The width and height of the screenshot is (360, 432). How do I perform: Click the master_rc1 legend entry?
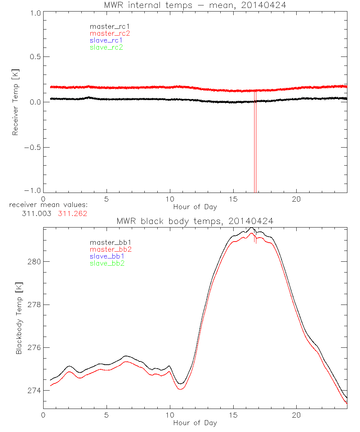106,27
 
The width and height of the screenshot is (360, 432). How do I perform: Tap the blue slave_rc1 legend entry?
106,40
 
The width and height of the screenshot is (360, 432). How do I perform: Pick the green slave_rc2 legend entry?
106,47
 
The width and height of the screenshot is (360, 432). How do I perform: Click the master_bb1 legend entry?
108,243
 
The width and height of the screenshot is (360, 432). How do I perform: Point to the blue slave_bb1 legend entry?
108,256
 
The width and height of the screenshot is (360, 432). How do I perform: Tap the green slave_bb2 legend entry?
108,263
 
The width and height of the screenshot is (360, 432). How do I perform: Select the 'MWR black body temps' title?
195,221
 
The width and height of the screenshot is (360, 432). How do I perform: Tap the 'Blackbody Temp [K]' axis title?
19,319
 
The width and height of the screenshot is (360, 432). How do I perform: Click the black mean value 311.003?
37,213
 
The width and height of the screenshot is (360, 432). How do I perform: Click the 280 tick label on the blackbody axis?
34,261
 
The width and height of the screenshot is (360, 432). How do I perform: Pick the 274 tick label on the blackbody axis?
34,391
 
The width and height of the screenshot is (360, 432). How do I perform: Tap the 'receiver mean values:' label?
49,205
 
